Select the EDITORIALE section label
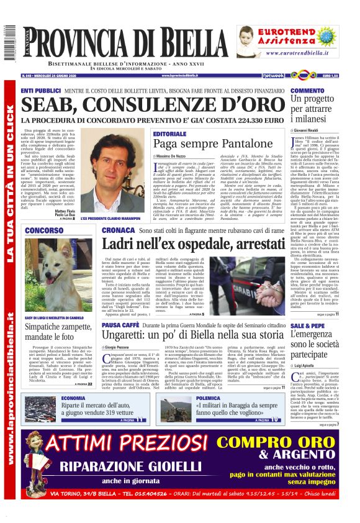(x=169, y=134)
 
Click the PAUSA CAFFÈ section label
(x=120, y=325)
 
